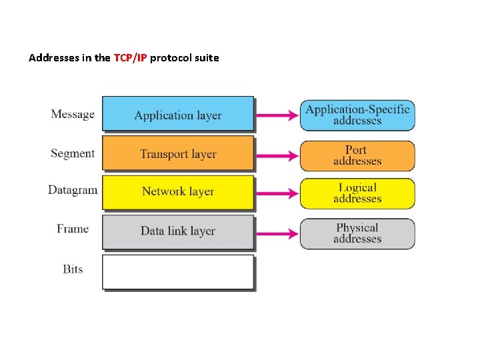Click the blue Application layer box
pos(178,114)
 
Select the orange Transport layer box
pos(178,153)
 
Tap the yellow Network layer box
pos(178,191)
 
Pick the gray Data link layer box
pos(178,231)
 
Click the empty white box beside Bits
pos(178,271)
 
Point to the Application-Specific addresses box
pos(357,115)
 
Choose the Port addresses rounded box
pos(357,155)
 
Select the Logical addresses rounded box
pos(357,193)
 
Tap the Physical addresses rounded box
pos(357,233)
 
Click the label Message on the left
pos(73,114)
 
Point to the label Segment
pos(73,153)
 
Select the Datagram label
pos(73,190)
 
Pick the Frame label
pos(73,229)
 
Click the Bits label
pos(73,269)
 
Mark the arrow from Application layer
pos(277,115)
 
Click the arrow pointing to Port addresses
pos(277,155)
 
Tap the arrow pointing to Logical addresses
pos(277,193)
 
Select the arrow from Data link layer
pos(277,233)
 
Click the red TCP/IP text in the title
pos(131,58)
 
